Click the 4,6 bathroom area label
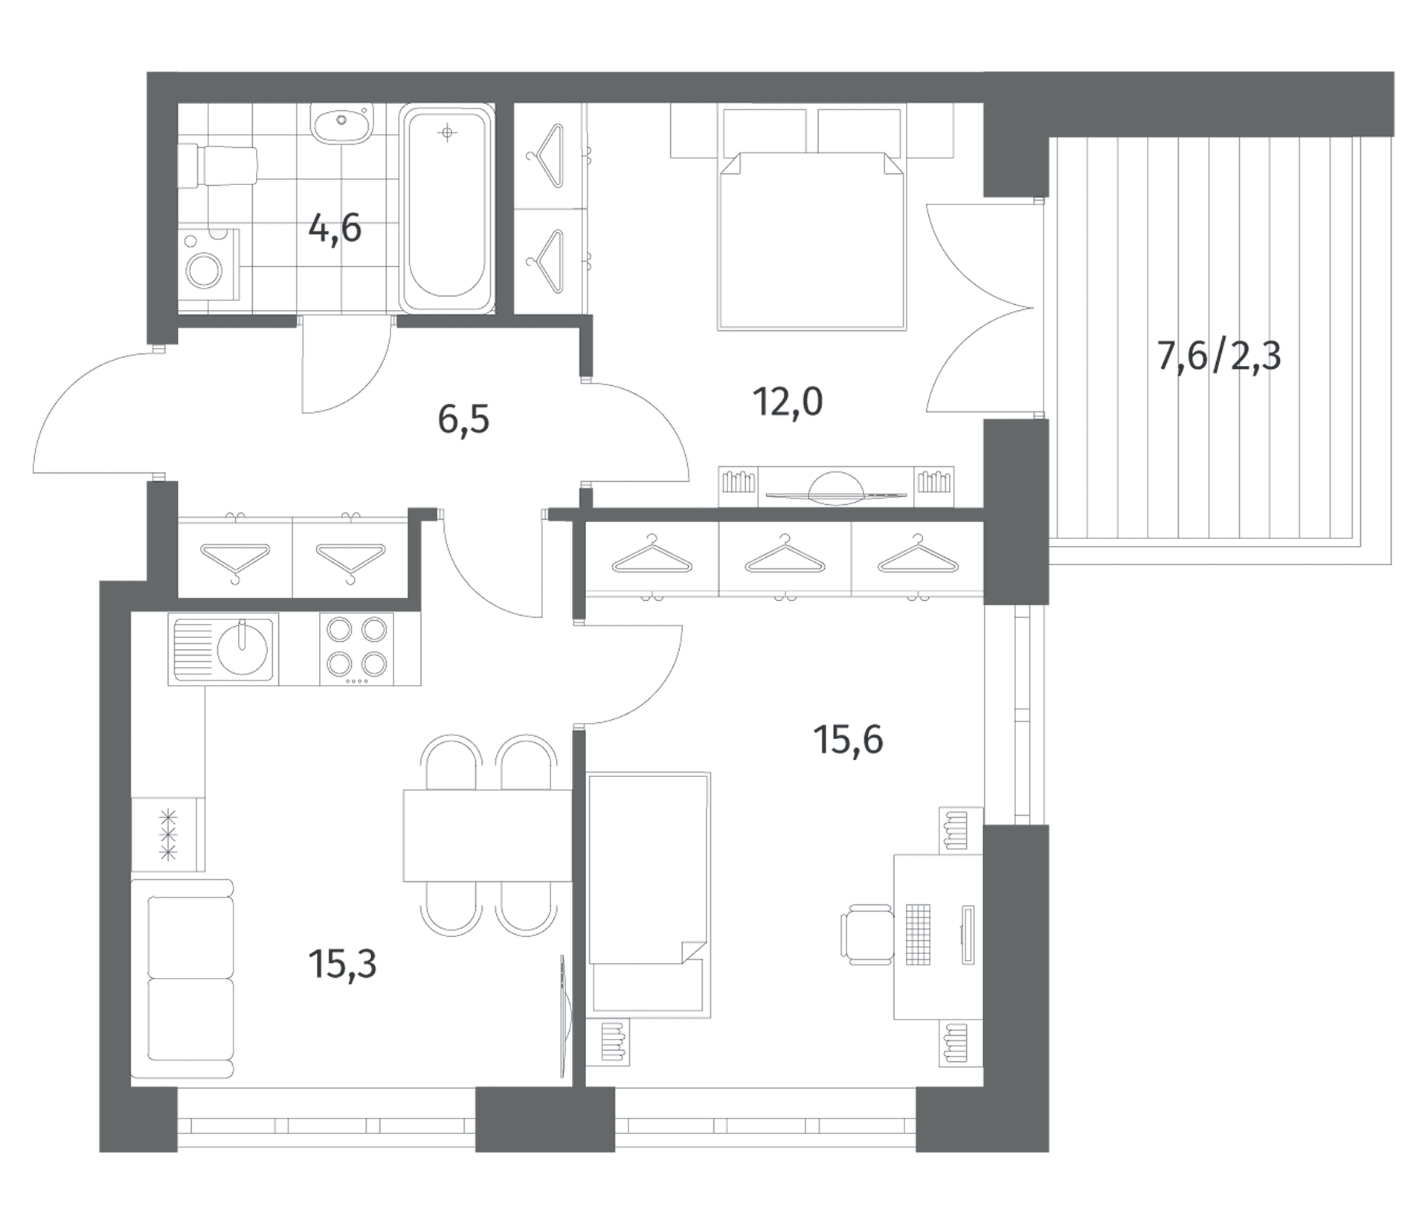[335, 228]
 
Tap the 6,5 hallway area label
[463, 420]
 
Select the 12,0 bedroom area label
[788, 402]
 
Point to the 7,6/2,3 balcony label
[1219, 356]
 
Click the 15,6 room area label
[849, 740]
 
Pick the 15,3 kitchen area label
[342, 964]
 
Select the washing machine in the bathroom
[209, 265]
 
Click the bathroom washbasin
[341, 124]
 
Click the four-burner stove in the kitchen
[356, 648]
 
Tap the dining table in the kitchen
[487, 836]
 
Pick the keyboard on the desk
[919, 935]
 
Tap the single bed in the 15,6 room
[649, 895]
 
